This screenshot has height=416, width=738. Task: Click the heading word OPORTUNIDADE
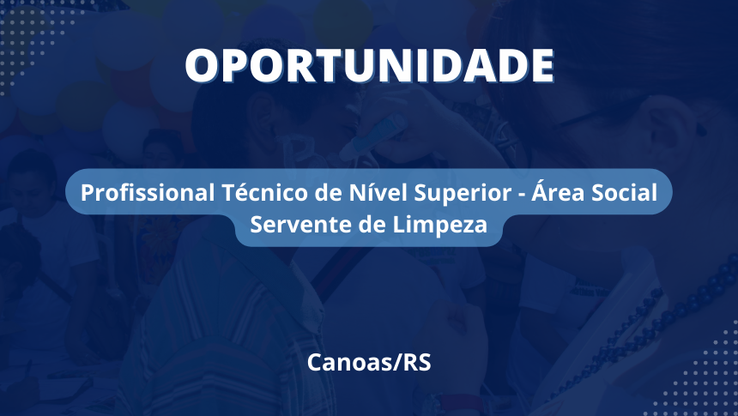point(370,65)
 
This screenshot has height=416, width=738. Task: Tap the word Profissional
point(148,193)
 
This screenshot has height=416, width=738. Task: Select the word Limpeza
point(440,225)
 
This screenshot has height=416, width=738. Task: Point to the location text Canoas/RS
point(369,362)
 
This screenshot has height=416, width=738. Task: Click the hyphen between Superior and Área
point(521,195)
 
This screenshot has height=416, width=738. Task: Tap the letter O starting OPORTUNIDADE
point(203,66)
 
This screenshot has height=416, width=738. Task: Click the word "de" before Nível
point(328,192)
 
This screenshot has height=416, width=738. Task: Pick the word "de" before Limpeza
point(372,224)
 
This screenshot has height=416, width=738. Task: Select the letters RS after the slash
point(417,362)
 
